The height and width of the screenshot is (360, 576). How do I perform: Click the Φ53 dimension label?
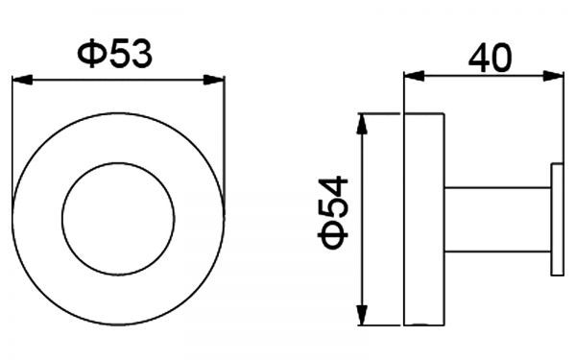pos(114,54)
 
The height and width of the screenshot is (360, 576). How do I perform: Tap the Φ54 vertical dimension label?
pos(333,213)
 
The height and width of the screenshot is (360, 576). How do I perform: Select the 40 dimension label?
pos(491,58)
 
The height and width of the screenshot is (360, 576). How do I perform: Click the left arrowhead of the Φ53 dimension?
pos(22,80)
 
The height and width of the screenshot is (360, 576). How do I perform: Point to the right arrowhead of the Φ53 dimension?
pos(214,80)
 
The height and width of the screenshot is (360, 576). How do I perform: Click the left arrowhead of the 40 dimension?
pos(415,77)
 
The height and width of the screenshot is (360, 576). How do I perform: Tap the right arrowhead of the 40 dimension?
pos(553,77)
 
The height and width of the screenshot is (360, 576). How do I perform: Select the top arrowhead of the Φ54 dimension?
pos(362,124)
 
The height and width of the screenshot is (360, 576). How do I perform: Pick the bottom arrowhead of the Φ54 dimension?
pos(362,315)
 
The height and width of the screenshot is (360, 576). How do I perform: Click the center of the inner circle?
pos(118,219)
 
